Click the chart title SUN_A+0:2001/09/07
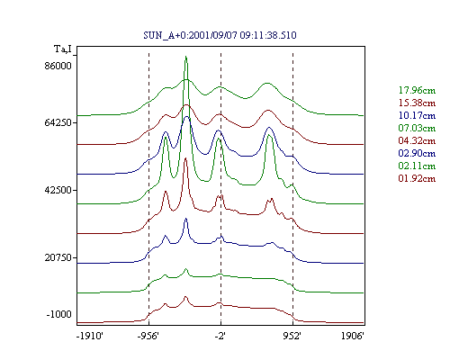pyautogui.click(x=191, y=35)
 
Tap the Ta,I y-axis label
pyautogui.click(x=63, y=49)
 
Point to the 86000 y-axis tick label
pyautogui.click(x=58, y=66)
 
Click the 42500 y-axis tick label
pyautogui.click(x=58, y=190)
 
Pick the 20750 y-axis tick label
pyautogui.click(x=58, y=257)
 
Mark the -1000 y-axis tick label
pyautogui.click(x=59, y=314)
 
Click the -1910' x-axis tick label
pyautogui.click(x=90, y=336)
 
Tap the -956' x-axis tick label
pyautogui.click(x=148, y=336)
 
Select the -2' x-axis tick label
pyautogui.click(x=220, y=336)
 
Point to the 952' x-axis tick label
pyautogui.click(x=292, y=336)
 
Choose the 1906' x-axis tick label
pyautogui.click(x=353, y=336)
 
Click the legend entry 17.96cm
pyautogui.click(x=417, y=90)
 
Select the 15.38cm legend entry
pyautogui.click(x=417, y=103)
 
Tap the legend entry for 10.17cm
pyautogui.click(x=417, y=115)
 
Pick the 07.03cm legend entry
pyautogui.click(x=417, y=128)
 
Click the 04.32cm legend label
pyautogui.click(x=417, y=140)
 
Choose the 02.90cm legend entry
pyautogui.click(x=417, y=153)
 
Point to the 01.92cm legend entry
pyautogui.click(x=417, y=178)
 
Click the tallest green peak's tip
pyautogui.click(x=186, y=56)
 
